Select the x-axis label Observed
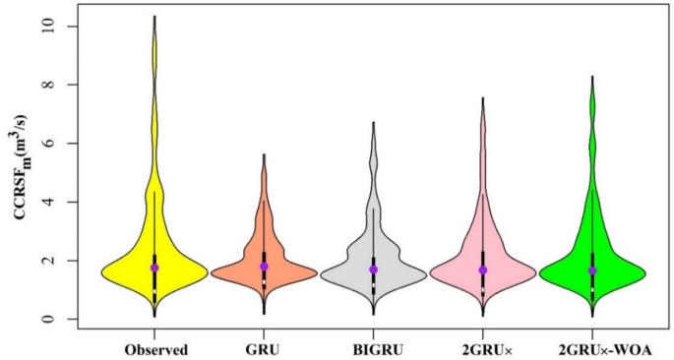point(155,349)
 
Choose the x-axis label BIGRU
point(373,349)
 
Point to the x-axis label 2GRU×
point(482,349)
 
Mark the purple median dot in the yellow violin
point(154,268)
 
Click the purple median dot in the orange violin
point(264,267)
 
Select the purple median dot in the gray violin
point(373,270)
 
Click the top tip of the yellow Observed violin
point(154,17)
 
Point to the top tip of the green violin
point(592,77)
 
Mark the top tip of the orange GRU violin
point(264,154)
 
